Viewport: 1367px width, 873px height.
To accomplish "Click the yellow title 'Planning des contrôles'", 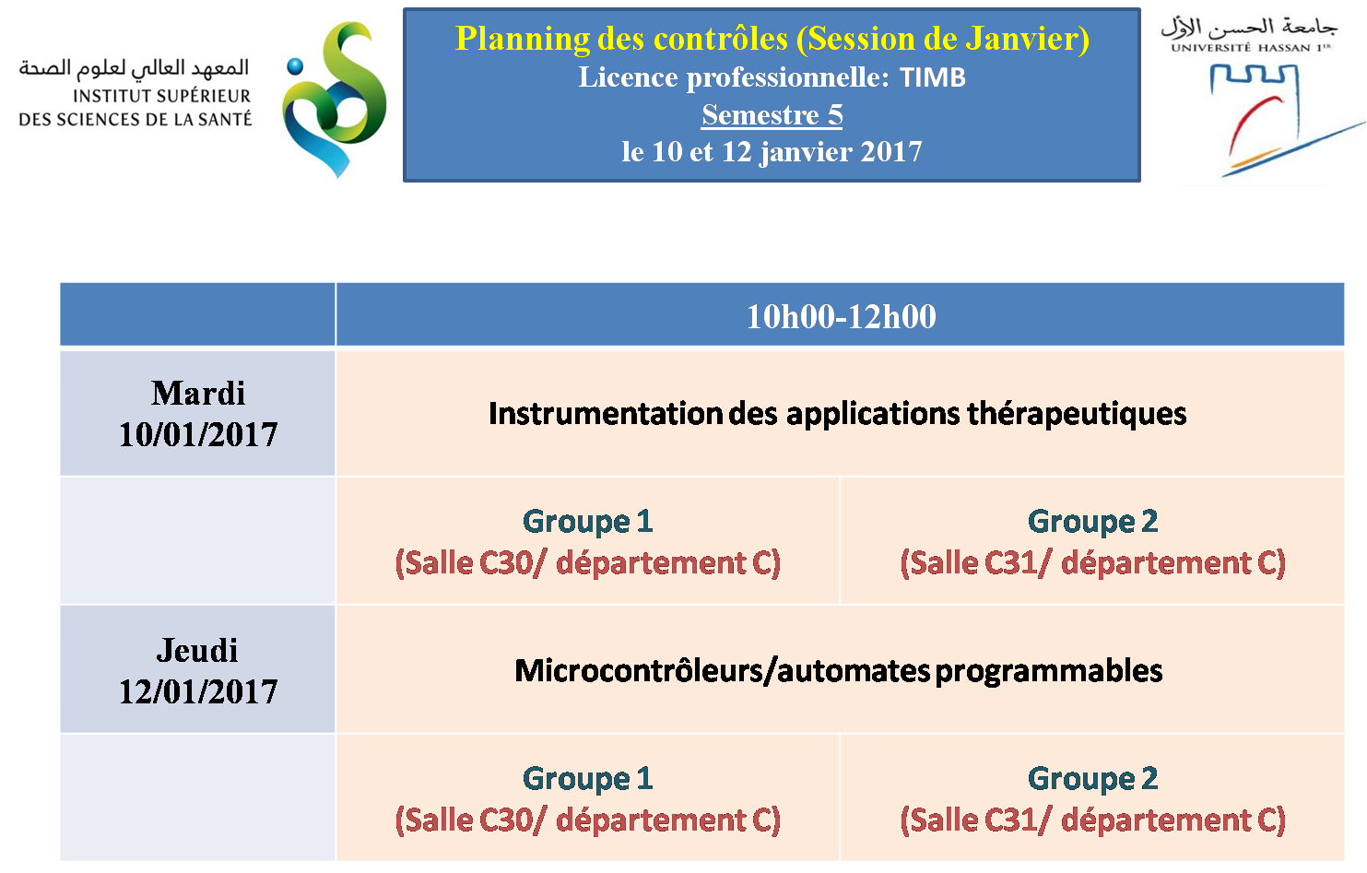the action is pos(621,39).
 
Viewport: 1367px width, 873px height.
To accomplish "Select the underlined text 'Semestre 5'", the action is pos(772,115).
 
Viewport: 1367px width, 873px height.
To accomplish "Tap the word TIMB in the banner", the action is pos(933,77).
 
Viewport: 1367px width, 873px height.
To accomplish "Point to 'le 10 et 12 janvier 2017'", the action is pos(772,152).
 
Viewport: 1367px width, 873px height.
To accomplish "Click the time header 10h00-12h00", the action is pos(841,316).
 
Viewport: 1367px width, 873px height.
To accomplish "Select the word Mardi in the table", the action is pos(198,393).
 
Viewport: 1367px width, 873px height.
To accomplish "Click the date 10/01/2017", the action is pos(198,434).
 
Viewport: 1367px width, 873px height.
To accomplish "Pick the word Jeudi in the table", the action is pos(197,651).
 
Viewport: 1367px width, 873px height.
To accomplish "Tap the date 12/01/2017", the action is pos(198,691).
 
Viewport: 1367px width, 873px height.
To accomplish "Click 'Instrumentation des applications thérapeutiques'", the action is pos(837,414).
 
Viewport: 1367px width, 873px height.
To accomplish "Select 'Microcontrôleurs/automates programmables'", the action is pos(839,671).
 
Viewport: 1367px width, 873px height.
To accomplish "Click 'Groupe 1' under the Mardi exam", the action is pos(588,522).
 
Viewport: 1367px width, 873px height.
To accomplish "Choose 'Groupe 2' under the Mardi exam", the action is pos(1092,522).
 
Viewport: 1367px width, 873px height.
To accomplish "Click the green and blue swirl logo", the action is pos(335,100).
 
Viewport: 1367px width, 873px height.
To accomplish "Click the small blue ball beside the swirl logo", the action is pos(295,66).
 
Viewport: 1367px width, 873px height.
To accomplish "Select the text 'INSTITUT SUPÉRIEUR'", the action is pos(161,97).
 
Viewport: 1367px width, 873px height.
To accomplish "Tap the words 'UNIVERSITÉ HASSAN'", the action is pos(1240,48).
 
